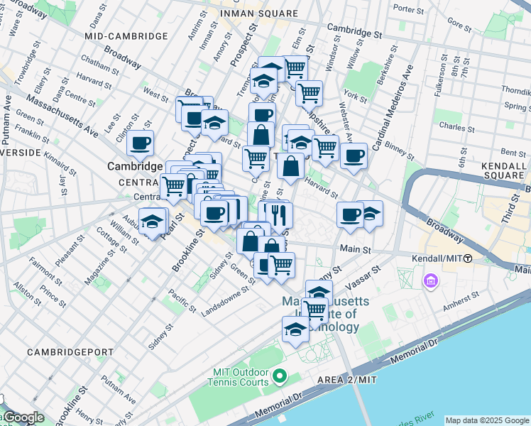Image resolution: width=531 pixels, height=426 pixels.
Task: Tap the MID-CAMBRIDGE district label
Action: click(x=126, y=35)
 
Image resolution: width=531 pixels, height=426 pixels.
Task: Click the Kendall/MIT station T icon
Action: click(x=468, y=258)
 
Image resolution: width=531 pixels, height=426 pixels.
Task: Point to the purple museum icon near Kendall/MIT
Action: click(x=430, y=283)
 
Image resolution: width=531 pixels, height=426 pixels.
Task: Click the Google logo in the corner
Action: click(x=23, y=417)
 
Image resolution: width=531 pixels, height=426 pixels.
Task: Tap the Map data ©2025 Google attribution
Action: click(x=486, y=420)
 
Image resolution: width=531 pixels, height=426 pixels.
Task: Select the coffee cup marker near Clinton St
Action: click(x=141, y=143)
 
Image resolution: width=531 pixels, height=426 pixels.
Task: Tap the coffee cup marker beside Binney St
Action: click(x=354, y=155)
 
